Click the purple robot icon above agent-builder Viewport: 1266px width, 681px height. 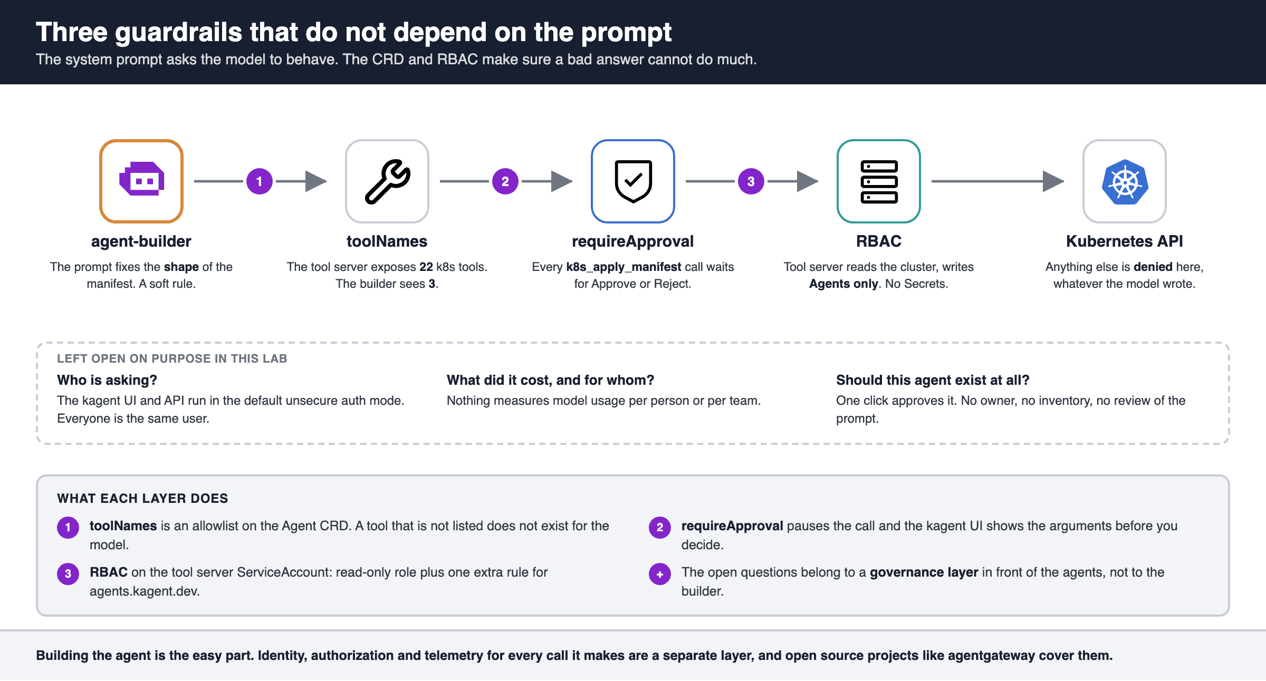pos(141,179)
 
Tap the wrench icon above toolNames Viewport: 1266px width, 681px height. pos(387,181)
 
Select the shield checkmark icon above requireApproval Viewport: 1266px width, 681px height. pos(633,181)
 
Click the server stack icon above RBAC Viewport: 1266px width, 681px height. pos(879,181)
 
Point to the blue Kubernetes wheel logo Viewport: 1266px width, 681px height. pos(1125,182)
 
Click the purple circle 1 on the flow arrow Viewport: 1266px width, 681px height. pos(260,181)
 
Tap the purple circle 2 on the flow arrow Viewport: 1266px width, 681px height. pos(505,181)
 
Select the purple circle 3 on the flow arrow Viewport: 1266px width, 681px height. pos(751,181)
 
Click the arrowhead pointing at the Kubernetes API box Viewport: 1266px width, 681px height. pos(1053,181)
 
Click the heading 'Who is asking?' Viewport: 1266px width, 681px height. pos(107,380)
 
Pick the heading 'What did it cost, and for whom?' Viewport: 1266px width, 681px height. pos(550,380)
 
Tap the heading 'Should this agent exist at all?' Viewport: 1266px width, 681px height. pos(933,380)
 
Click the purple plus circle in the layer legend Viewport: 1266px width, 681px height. pos(660,574)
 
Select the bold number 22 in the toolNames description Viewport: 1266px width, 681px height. pos(426,267)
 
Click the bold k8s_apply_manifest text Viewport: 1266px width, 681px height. pos(624,267)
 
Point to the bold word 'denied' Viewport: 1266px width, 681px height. pos(1153,267)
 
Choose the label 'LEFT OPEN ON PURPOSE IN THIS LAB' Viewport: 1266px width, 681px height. pos(172,358)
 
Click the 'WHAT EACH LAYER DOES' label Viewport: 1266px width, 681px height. pos(142,498)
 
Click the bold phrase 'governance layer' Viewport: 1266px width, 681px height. pos(924,572)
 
